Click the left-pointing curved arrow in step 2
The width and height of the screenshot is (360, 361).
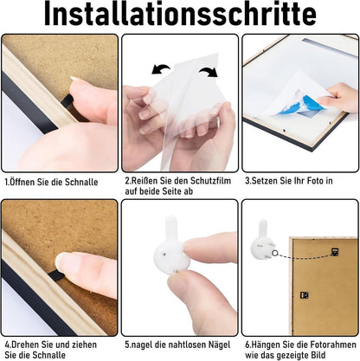160,69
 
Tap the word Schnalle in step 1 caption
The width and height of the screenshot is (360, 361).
81,182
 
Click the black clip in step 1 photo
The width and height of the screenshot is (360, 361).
67,101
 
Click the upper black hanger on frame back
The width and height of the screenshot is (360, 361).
335,252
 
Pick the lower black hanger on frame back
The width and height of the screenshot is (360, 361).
305,295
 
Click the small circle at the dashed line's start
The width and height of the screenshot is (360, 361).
274,253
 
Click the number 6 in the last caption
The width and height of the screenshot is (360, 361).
247,345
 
